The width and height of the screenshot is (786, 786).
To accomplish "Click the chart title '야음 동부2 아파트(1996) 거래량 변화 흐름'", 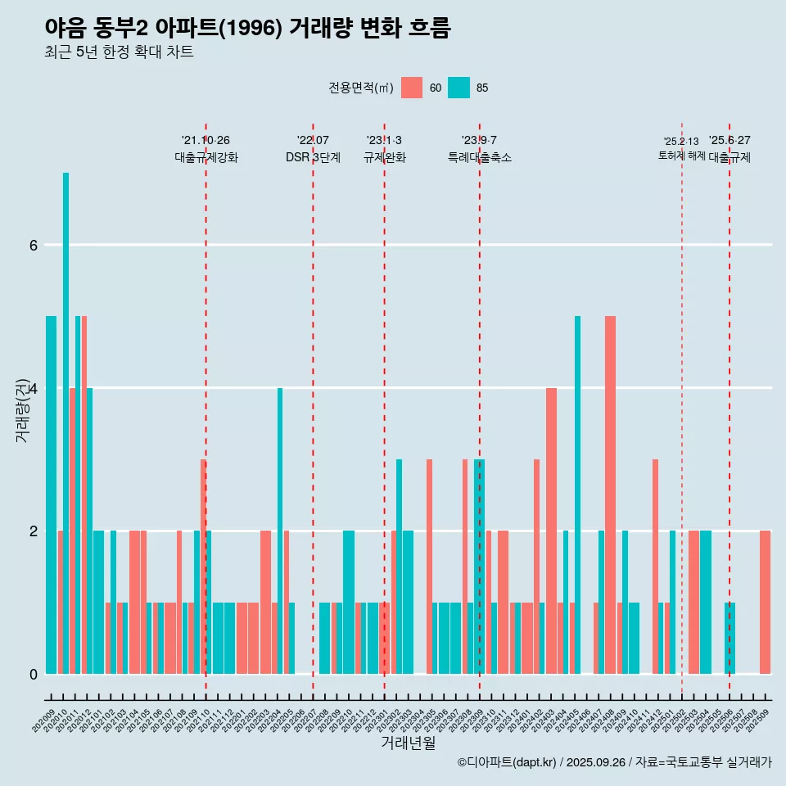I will (x=247, y=28).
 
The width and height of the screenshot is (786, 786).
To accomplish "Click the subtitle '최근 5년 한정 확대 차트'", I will (x=119, y=52).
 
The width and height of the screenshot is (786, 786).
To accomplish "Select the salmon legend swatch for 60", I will (x=412, y=88).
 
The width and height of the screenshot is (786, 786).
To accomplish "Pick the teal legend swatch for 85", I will (x=458, y=88).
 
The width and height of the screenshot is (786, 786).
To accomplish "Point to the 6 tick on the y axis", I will (x=33, y=245).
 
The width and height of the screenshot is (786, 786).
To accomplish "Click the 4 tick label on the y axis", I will (x=33, y=388).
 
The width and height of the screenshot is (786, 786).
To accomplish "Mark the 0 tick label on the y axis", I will (x=33, y=674).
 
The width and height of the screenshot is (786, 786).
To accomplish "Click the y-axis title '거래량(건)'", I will (x=22, y=409).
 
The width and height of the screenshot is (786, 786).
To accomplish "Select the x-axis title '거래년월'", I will (x=408, y=743).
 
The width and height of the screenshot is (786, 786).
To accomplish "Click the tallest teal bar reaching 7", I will (x=65, y=422).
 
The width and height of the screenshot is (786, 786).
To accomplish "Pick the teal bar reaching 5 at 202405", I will (x=577, y=495).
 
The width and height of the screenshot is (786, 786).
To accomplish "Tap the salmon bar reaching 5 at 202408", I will (x=610, y=495).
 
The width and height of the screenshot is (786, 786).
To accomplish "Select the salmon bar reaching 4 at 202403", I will (x=551, y=531).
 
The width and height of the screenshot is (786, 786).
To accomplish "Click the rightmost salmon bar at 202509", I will (x=765, y=602).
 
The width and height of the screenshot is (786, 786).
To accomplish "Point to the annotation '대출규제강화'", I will (x=206, y=158).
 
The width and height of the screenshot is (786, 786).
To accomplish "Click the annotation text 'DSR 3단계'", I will (x=313, y=158).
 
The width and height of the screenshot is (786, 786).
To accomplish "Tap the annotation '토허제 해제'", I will (x=681, y=155).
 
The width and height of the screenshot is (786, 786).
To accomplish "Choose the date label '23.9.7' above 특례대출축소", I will (x=479, y=140).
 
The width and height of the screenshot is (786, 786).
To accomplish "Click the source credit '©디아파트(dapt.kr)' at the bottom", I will (x=508, y=762).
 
